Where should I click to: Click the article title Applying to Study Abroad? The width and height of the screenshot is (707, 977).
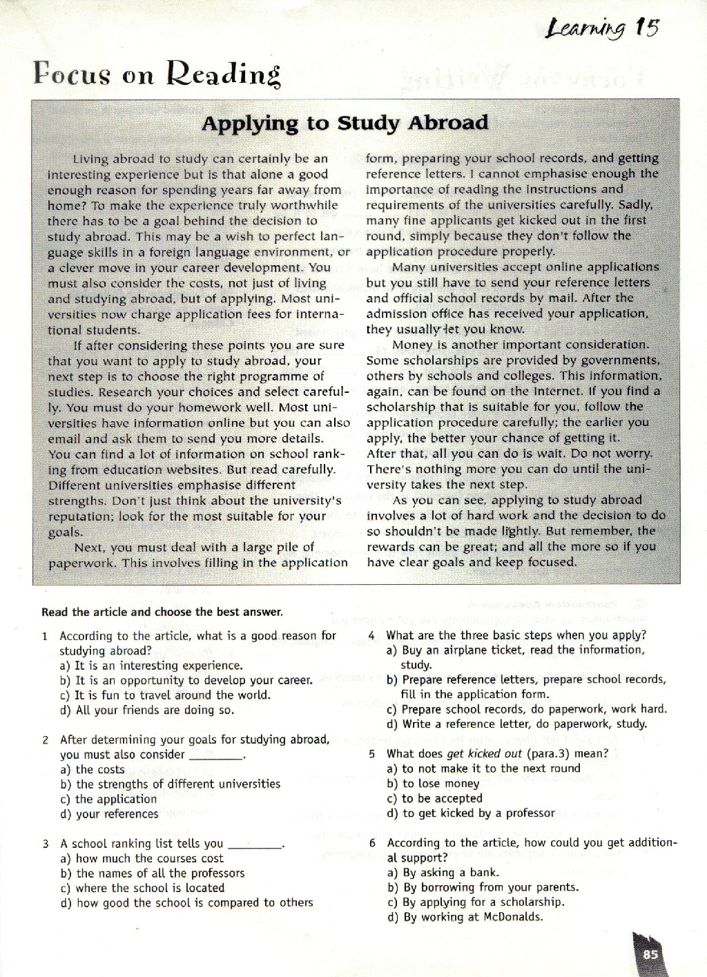(345, 124)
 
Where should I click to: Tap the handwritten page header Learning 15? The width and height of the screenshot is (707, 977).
(601, 28)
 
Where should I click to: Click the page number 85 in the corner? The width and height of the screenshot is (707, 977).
(650, 954)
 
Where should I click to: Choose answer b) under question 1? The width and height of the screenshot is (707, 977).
(186, 680)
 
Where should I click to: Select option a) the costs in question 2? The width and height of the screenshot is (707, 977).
(93, 769)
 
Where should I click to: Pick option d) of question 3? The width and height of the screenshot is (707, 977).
(186, 902)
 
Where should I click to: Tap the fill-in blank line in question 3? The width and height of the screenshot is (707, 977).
(255, 847)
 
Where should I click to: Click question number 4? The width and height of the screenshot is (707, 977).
(371, 635)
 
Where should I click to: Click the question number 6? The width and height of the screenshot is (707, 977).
(372, 842)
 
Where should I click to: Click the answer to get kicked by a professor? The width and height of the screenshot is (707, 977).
(471, 813)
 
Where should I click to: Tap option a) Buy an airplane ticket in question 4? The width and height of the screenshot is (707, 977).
(515, 650)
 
